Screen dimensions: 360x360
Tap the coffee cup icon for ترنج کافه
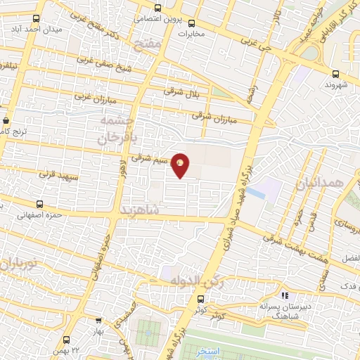(x=6, y=120)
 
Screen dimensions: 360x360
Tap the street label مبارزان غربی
(x=93, y=94)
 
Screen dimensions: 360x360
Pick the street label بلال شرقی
(x=179, y=91)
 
